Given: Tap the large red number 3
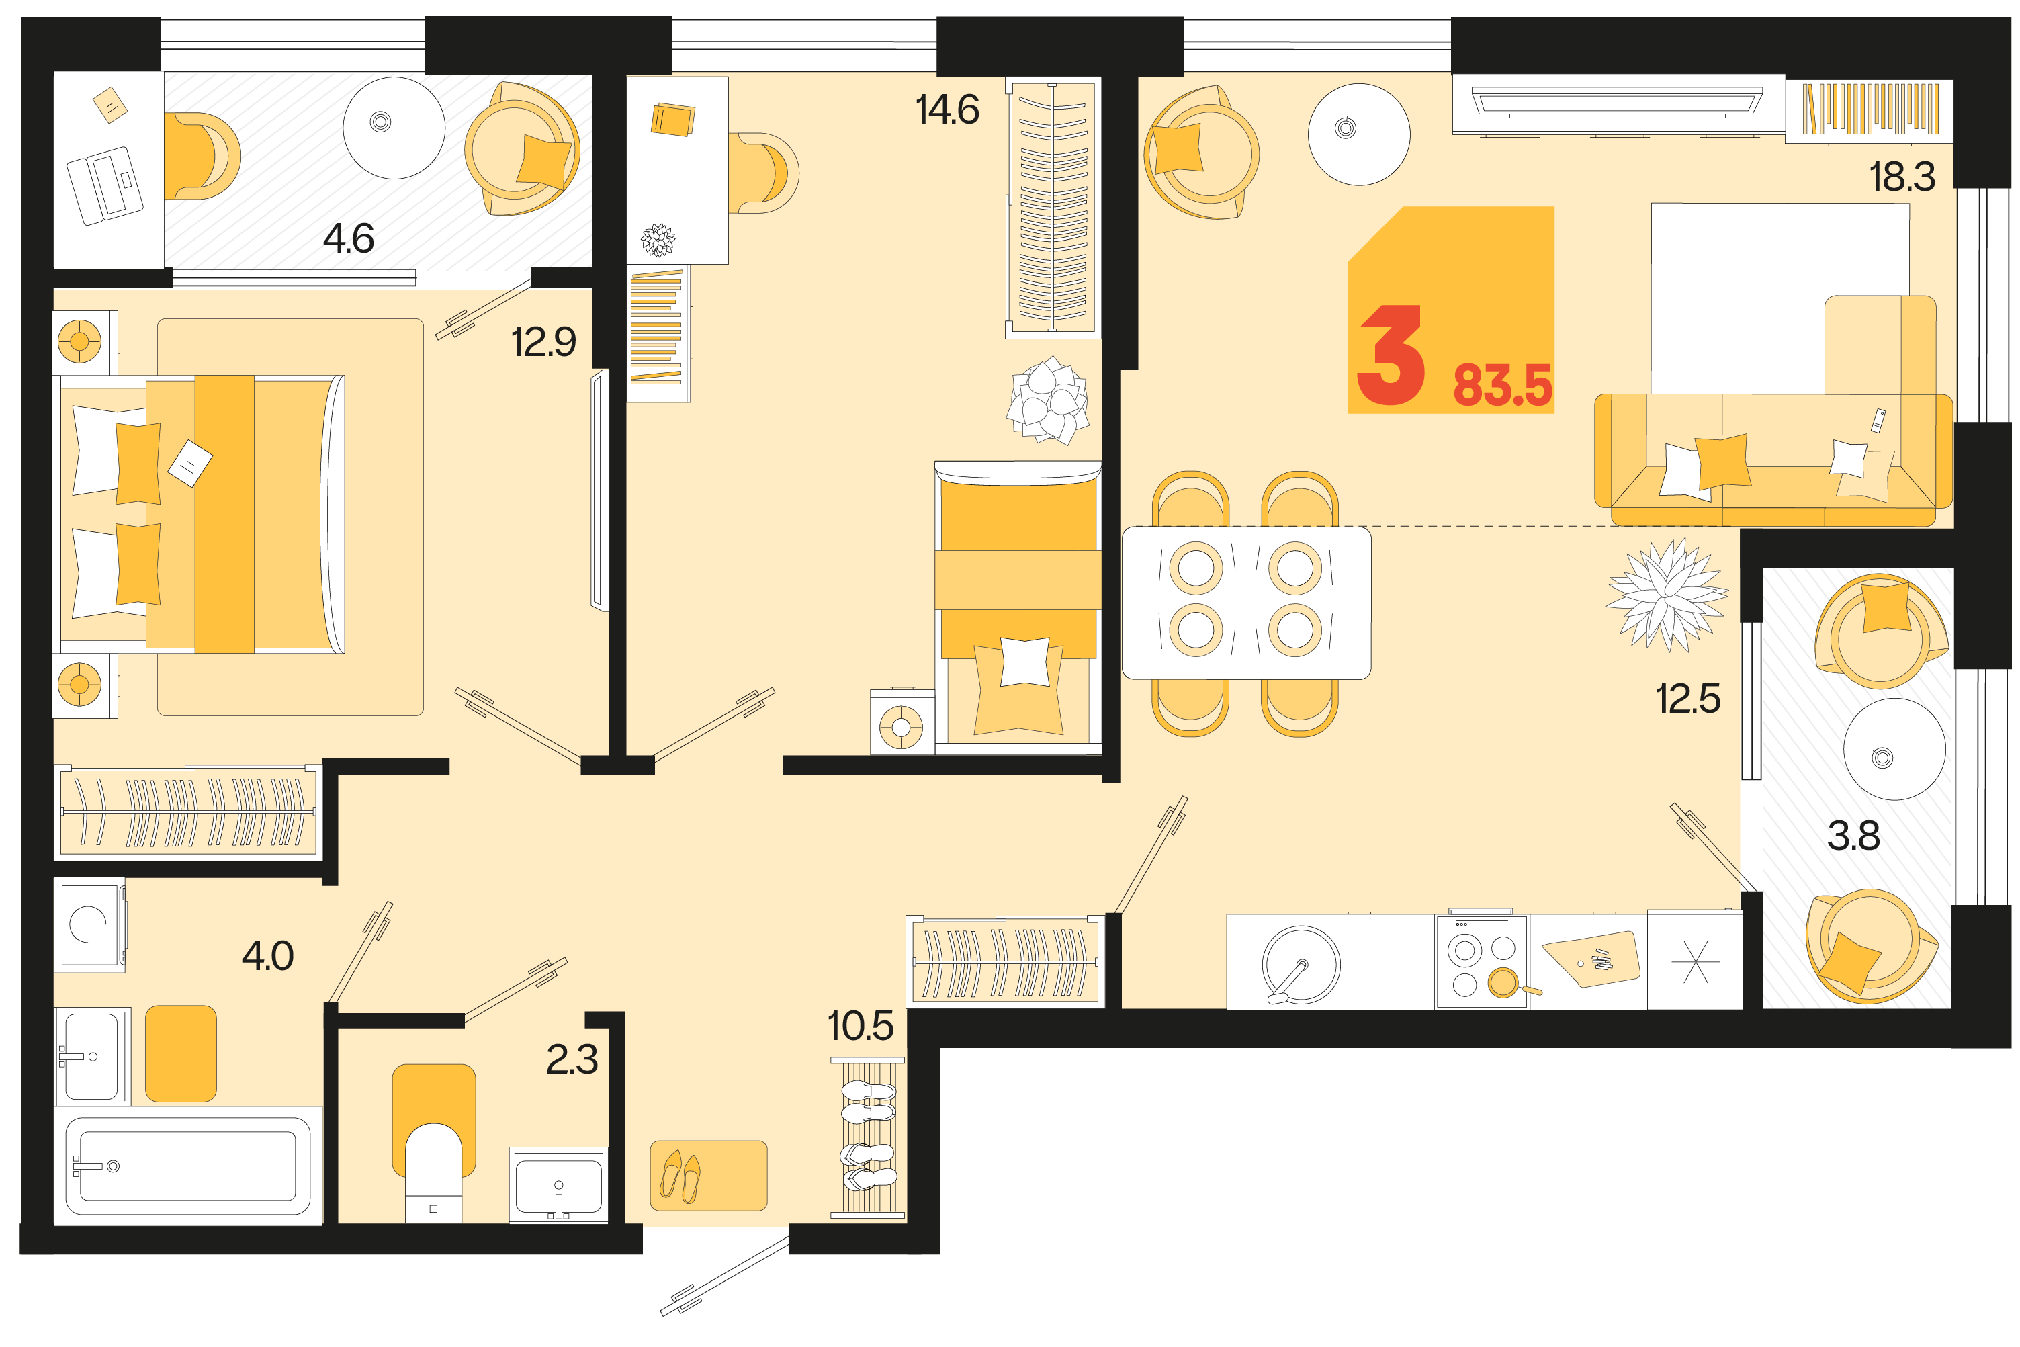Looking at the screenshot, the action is (1391, 354).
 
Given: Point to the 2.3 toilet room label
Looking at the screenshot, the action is (572, 1059).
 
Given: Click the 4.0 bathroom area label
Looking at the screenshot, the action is (268, 955).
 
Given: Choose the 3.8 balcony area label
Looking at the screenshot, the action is (1853, 835).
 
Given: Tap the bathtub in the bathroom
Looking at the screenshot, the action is (187, 1165).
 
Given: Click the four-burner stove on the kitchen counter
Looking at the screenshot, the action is (1481, 961).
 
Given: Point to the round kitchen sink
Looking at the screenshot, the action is (1301, 964).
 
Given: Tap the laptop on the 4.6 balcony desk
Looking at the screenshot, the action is (105, 185).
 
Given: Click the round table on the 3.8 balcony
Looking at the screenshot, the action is (1894, 749).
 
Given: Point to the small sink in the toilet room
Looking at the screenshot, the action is (558, 1184).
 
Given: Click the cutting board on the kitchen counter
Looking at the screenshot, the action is (1591, 959).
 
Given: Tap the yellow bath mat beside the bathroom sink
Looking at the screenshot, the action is (180, 1053).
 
